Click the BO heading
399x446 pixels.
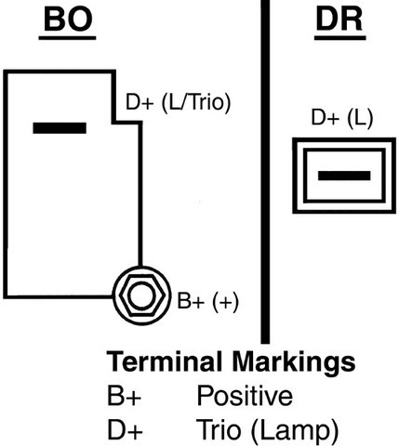click(x=68, y=19)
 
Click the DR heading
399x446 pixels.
click(x=339, y=20)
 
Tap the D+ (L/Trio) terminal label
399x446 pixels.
click(x=178, y=102)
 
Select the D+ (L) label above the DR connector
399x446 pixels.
click(x=341, y=118)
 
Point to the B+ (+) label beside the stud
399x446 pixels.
click(x=207, y=301)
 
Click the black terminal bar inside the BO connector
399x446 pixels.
click(x=60, y=128)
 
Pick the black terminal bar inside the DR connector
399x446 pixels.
click(x=344, y=176)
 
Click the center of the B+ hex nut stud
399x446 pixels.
click(x=141, y=295)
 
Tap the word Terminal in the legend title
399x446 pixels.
click(x=165, y=361)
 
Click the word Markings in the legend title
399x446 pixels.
click(x=294, y=362)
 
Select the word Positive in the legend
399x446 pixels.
click(x=245, y=396)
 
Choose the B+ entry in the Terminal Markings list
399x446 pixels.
click(x=124, y=396)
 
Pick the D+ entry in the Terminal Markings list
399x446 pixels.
click(x=125, y=429)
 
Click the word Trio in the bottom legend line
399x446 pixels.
click(x=219, y=429)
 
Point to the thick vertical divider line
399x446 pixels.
click(x=265, y=172)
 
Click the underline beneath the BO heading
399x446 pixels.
click(x=67, y=38)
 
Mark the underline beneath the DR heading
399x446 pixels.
click(x=340, y=38)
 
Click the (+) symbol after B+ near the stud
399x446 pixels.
click(x=226, y=301)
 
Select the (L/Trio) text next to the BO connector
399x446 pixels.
click(x=196, y=103)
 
